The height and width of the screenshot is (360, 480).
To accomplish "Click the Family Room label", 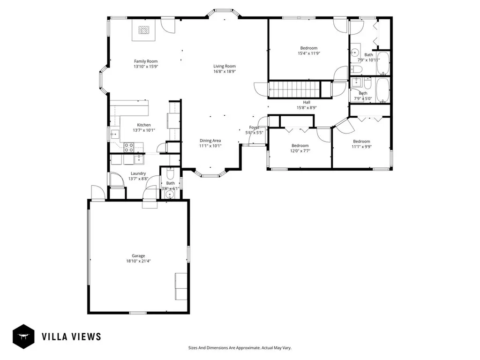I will coord(145,61).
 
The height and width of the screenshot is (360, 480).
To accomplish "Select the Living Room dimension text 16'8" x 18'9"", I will coord(225,72).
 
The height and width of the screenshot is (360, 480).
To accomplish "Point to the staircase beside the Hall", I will coord(293,89).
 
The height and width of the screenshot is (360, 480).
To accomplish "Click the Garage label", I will coord(138,255).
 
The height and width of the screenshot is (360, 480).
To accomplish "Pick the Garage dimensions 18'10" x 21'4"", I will coord(138,261).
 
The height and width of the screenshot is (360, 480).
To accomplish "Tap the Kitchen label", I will coord(143,125).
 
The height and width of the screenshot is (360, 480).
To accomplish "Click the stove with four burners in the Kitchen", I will coord(129,147).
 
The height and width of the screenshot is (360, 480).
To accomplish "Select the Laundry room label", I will coord(138,173).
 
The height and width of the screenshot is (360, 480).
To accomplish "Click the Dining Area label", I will coord(210,140).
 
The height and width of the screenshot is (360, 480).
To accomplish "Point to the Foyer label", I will coord(254,127).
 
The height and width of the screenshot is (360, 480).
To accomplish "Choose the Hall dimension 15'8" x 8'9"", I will coord(307,108).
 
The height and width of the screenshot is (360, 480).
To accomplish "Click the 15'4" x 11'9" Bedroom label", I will coord(308,48).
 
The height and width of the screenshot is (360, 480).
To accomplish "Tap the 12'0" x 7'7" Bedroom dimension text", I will coord(300,151).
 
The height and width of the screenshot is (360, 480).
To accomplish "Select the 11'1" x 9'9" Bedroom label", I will coord(361,142).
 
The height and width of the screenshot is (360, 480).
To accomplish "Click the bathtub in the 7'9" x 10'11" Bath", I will coord(383,64).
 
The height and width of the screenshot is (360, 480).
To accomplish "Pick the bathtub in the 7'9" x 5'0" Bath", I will coord(383,90).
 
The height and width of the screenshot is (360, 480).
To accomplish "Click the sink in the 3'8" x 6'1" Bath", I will coord(170,195).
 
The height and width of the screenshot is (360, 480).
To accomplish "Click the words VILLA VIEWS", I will coord(71,336).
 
